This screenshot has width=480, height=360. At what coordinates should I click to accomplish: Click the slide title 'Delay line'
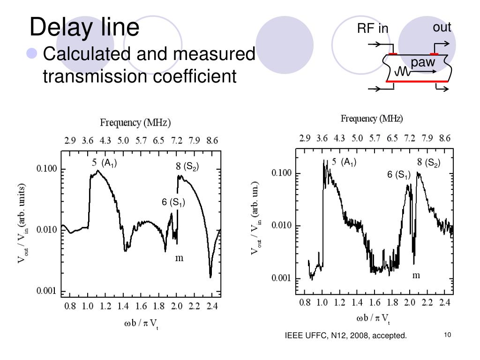pos(84,27)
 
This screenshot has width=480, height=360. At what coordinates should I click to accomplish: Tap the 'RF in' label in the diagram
pos(373,29)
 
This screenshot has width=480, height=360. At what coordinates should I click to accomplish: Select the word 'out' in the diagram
pos(442,27)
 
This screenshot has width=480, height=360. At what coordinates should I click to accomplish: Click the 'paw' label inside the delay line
pos(423,62)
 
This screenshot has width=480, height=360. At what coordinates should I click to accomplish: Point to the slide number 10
pos(447,335)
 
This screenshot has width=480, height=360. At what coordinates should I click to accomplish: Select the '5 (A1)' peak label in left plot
pos(104,163)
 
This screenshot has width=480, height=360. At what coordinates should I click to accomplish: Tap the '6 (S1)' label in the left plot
pos(173,202)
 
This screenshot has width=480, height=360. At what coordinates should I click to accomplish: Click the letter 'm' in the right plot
pos(416,275)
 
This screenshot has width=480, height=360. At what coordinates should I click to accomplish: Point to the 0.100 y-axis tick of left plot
pos(47,169)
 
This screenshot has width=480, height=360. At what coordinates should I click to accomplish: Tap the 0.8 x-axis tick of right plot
pos(304,303)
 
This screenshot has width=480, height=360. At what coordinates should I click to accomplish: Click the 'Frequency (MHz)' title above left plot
pos(135,123)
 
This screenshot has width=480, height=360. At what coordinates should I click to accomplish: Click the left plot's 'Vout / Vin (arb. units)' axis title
pos(22,224)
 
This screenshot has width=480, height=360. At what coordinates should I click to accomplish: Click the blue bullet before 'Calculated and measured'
pos(32,54)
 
